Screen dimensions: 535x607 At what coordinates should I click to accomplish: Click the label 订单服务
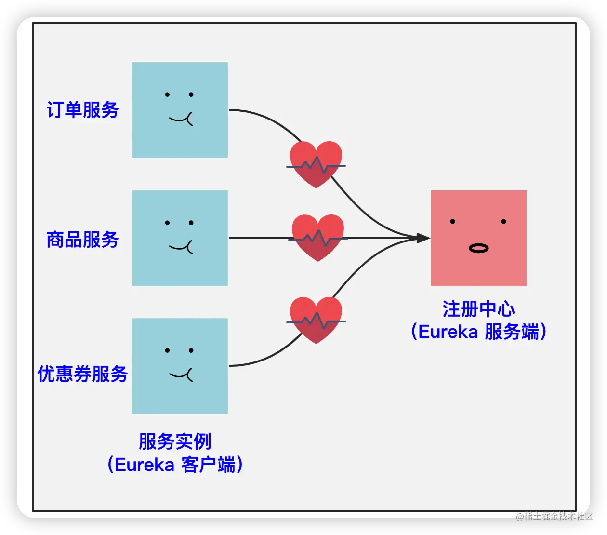coord(82,110)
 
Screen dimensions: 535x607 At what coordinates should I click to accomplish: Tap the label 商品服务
coord(82,240)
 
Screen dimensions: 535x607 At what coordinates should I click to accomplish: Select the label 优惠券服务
coord(82,374)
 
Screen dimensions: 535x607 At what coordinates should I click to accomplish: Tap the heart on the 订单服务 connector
coord(316,164)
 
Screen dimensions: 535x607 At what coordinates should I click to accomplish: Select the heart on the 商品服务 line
coord(318,237)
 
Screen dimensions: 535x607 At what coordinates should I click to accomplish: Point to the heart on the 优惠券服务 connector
coord(316,320)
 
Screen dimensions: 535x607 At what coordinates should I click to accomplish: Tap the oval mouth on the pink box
coord(478,248)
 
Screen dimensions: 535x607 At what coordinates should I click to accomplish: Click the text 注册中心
coord(478,309)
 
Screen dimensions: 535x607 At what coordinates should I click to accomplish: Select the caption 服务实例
coord(175,441)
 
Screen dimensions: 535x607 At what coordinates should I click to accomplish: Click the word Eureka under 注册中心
coord(448,332)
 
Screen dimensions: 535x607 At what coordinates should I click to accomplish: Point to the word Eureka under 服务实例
coord(145,465)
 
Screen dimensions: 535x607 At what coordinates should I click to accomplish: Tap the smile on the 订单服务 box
coord(182,118)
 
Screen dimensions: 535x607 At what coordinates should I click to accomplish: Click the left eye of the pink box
coord(453,222)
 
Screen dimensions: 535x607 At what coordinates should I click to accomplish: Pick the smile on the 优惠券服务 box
coord(182,374)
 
